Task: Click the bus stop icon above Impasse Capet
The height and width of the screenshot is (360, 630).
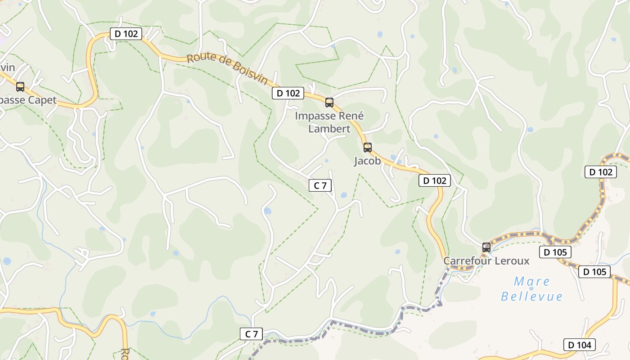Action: coord(20,87)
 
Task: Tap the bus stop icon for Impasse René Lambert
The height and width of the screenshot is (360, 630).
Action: coord(329,103)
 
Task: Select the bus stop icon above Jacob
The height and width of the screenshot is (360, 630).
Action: coord(368,148)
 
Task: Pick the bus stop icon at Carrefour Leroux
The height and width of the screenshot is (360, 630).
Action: coord(486,247)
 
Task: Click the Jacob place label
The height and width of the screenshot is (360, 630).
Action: coord(367,161)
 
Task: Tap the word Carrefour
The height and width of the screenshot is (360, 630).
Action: coord(465,261)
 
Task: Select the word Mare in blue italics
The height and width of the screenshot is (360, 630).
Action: coord(532,282)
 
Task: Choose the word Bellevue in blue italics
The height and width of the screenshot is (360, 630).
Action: coord(532,297)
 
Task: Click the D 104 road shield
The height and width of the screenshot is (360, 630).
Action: coord(580,345)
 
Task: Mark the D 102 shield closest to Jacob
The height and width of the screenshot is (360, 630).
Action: coord(435,181)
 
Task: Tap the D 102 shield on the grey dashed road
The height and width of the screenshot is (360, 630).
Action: coord(601,172)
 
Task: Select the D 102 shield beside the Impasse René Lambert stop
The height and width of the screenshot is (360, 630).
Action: coord(288,94)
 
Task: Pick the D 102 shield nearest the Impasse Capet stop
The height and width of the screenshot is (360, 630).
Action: coord(126,34)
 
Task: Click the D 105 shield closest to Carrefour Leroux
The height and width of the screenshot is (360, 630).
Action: coord(555,252)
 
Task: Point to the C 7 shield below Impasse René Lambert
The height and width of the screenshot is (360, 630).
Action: coord(320,185)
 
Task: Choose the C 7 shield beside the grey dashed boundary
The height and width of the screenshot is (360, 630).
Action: coord(251,334)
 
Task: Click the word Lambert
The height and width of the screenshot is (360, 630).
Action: coord(329,129)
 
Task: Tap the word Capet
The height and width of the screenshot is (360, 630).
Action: coord(42,100)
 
